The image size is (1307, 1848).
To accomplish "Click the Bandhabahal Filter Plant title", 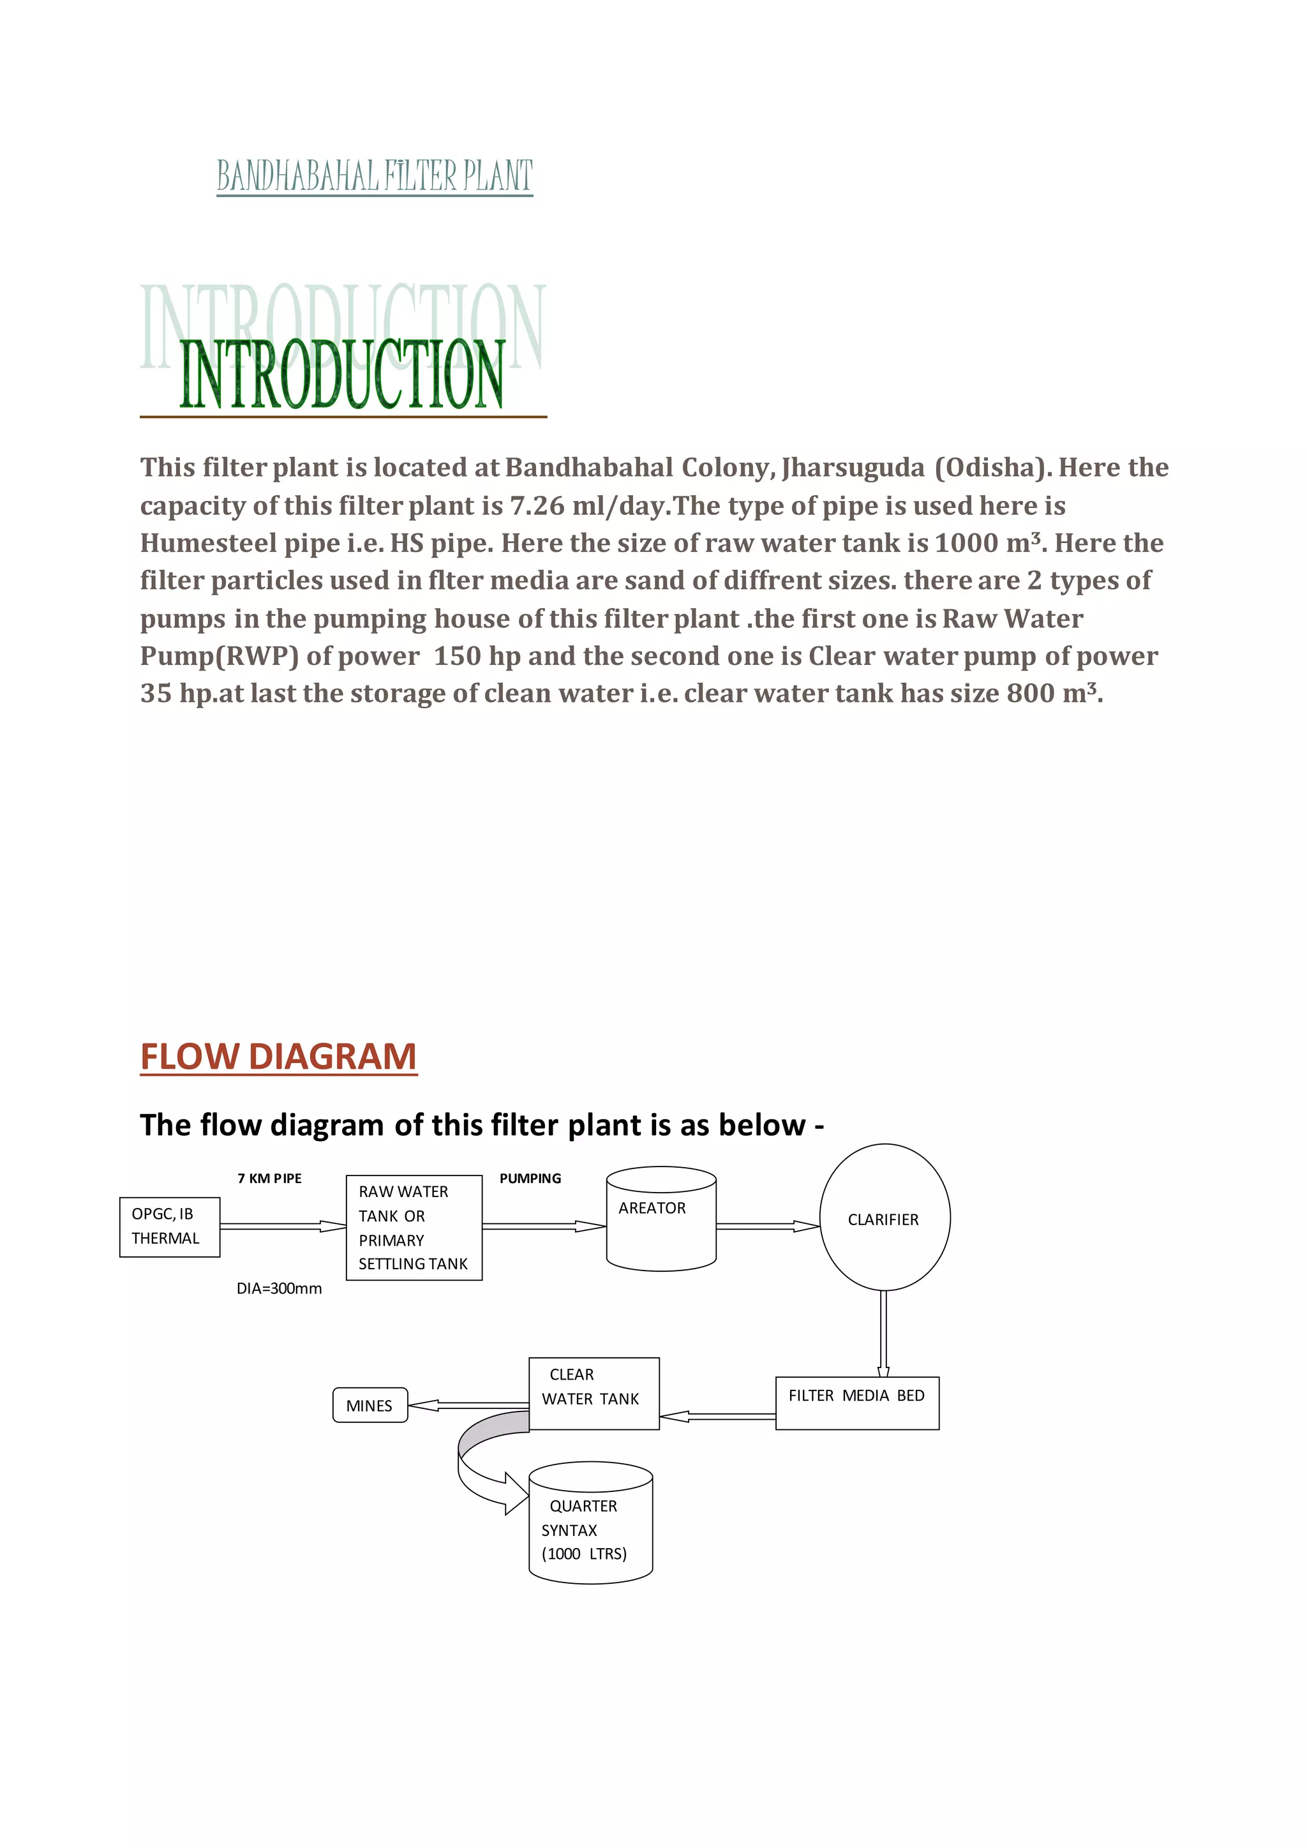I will (374, 176).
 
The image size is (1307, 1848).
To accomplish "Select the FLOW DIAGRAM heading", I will (278, 1056).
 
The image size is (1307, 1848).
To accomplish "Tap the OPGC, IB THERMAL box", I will (169, 1226).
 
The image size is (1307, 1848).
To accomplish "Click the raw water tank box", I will (414, 1228).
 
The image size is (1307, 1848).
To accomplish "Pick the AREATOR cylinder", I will (661, 1219).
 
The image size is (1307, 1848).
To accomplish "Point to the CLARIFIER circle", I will (885, 1218).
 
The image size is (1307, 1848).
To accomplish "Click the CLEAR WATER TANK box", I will (594, 1393).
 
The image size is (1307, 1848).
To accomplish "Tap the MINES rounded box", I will (370, 1405).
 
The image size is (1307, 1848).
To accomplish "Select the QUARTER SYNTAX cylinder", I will (591, 1524).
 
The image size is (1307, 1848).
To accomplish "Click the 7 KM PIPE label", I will (269, 1179).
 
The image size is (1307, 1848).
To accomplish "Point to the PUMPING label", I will (530, 1179).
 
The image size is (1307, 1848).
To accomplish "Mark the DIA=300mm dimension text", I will (280, 1288).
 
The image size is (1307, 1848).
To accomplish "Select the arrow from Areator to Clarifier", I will (767, 1226).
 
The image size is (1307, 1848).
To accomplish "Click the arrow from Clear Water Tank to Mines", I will (467, 1405).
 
